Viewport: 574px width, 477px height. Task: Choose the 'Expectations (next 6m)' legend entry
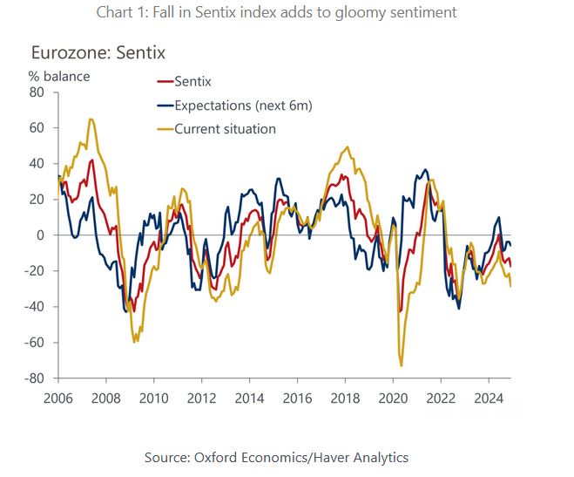235,106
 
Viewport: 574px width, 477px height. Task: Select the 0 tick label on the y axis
40,235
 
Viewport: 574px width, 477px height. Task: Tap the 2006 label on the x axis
58,398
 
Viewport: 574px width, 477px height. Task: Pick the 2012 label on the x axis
201,398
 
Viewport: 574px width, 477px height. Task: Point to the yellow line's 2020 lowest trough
401,365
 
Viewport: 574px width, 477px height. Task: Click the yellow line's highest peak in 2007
91,119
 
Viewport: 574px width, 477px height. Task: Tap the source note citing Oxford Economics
287,457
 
